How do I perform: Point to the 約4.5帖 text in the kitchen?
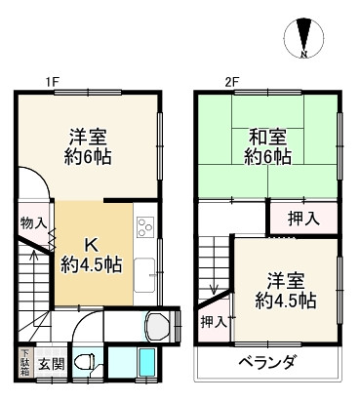(x=92, y=264)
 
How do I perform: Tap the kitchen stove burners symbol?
(x=144, y=228)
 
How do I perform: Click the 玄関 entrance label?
(x=53, y=364)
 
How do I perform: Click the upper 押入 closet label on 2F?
(x=301, y=220)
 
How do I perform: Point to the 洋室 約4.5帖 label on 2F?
(x=284, y=285)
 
